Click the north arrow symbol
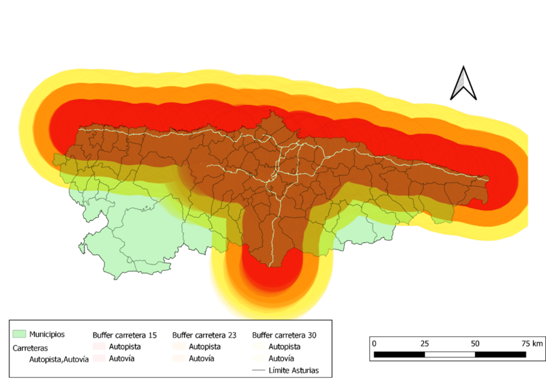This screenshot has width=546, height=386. point(462,85)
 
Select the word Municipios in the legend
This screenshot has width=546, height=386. point(46,334)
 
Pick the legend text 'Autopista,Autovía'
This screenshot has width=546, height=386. point(59,359)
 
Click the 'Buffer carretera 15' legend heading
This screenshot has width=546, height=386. point(126,336)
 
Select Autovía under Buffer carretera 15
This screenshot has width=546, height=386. point(123,359)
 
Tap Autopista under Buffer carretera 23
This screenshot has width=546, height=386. point(205,347)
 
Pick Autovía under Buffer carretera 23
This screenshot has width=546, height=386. point(203,359)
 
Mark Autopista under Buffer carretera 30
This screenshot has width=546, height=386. point(285,347)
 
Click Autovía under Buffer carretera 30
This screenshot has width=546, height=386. point(283,359)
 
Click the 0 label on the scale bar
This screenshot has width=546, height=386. point(375,343)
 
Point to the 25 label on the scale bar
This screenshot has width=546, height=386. point(425,343)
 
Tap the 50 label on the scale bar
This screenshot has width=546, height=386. point(475,343)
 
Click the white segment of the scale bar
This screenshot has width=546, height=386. point(450,355)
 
